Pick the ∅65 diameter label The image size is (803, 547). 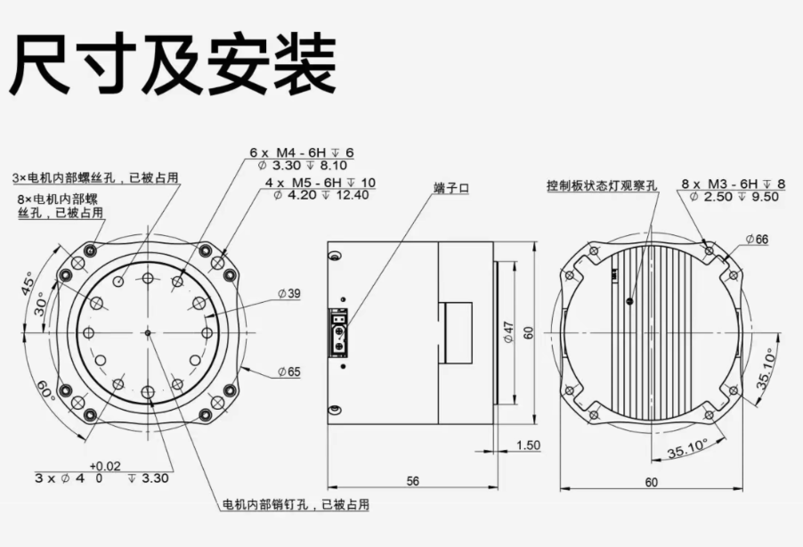click(288, 371)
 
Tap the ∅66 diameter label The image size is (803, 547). click(758, 239)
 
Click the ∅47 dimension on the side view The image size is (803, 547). click(509, 331)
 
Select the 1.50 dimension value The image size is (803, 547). click(528, 445)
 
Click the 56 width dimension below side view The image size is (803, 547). click(413, 481)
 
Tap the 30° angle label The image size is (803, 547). click(40, 306)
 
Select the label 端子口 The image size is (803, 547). click(450, 188)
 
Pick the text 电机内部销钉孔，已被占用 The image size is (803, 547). click(295, 504)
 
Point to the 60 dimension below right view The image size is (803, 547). click(652, 481)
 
